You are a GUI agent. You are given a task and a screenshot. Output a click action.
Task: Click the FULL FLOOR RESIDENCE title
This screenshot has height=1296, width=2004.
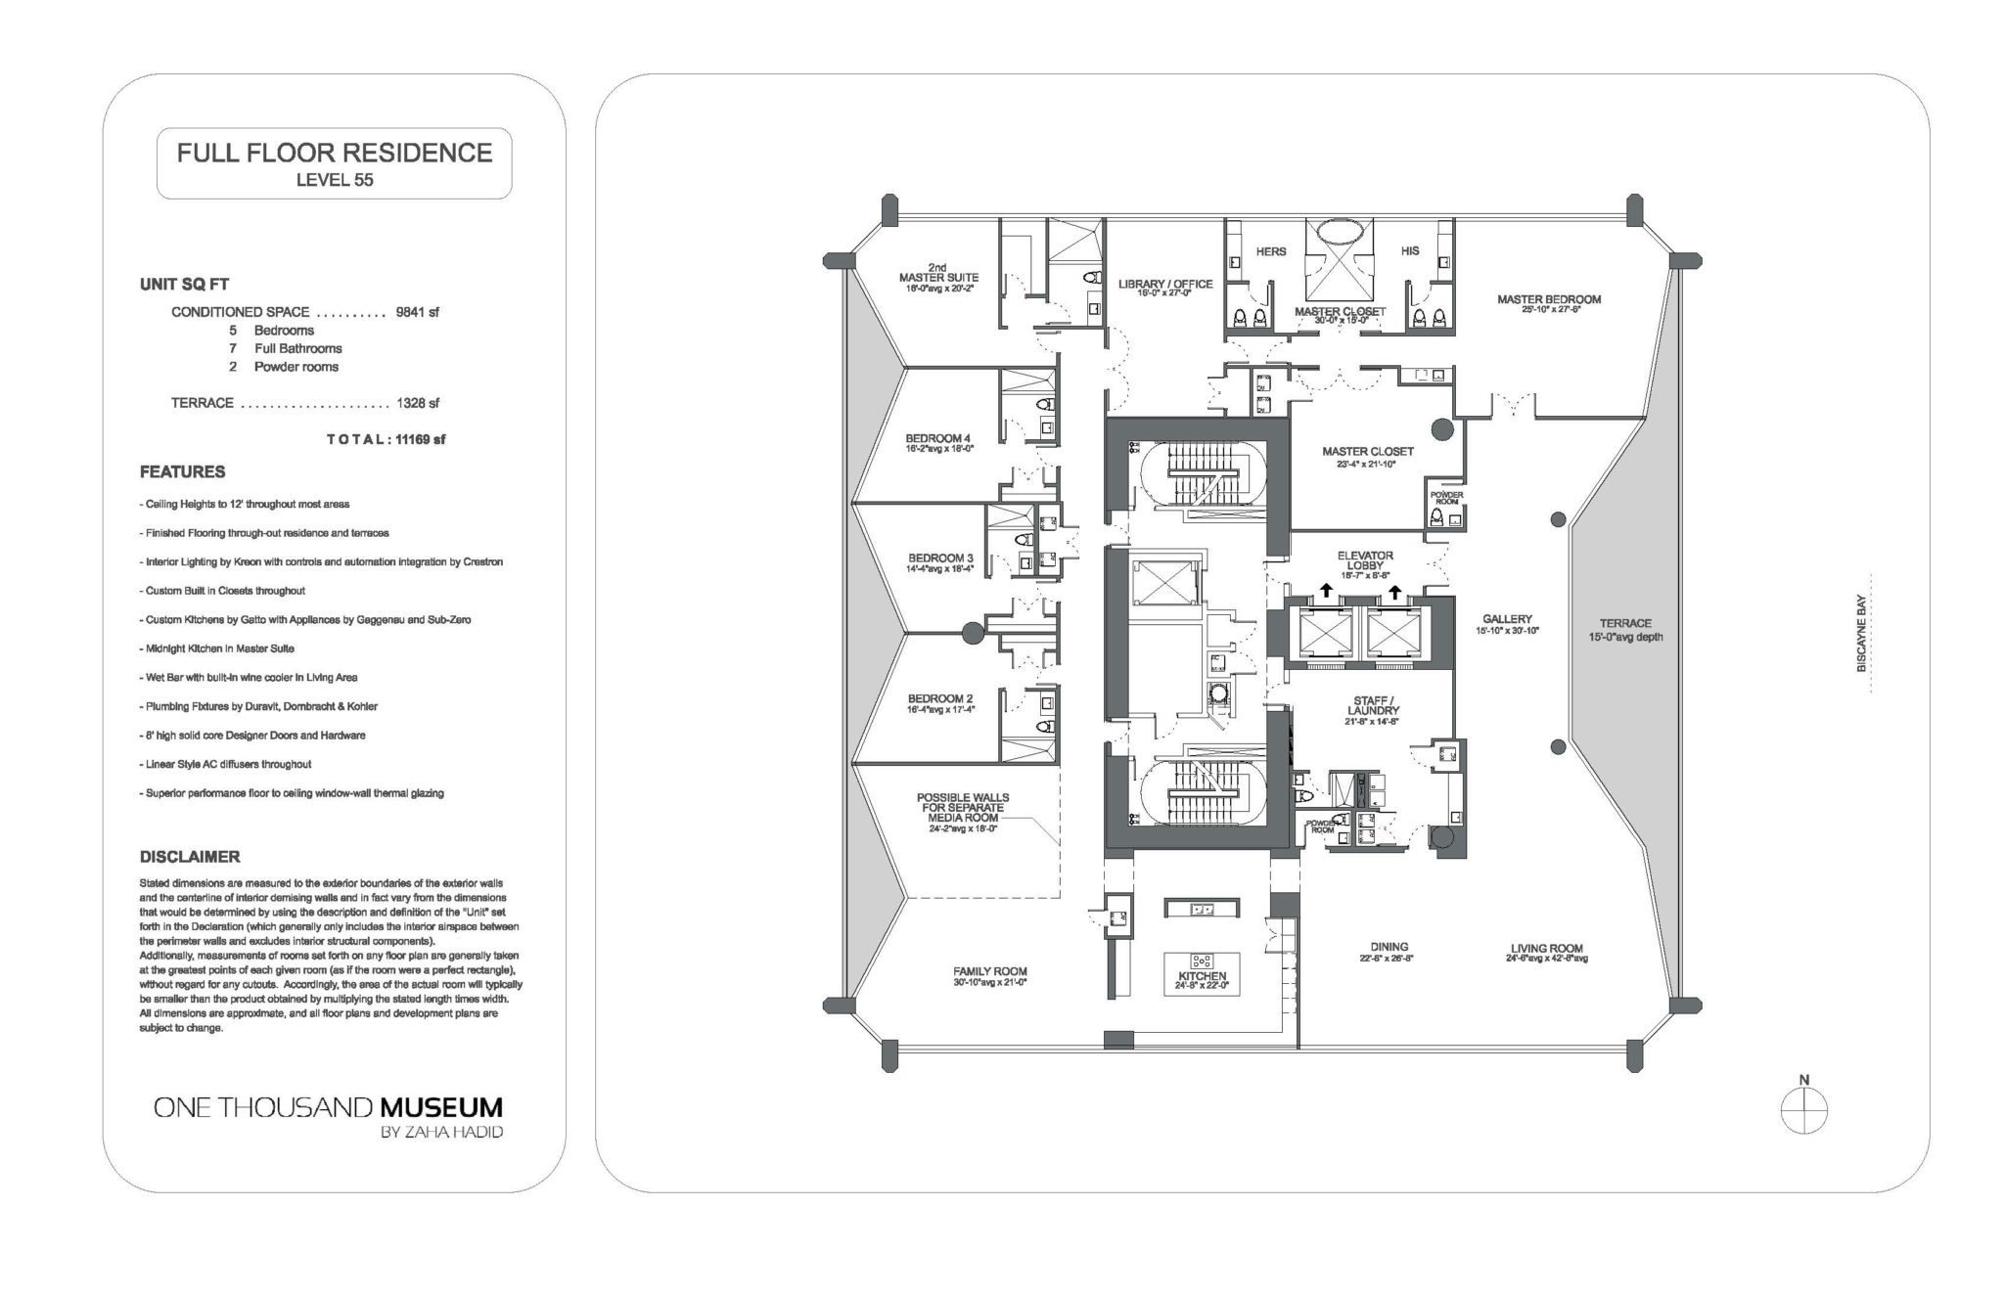click(334, 153)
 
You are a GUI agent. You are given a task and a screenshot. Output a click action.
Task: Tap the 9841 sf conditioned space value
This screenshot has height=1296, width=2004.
click(418, 312)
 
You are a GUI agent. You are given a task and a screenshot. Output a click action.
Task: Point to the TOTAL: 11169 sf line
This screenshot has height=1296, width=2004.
click(386, 439)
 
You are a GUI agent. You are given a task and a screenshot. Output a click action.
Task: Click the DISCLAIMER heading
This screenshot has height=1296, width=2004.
click(189, 857)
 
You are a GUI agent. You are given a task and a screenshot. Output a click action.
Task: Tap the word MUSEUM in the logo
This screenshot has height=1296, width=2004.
click(441, 1107)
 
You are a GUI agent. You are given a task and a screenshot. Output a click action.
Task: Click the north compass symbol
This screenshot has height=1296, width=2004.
click(1803, 1111)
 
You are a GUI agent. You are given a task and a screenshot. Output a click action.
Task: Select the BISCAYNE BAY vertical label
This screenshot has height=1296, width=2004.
click(1861, 635)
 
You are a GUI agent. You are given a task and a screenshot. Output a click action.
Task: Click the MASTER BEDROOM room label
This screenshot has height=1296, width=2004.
click(1549, 299)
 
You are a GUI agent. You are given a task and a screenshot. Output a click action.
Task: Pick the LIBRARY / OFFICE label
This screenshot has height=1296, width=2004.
click(1165, 285)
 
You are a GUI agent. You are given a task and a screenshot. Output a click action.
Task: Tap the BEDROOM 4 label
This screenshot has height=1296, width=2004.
click(938, 438)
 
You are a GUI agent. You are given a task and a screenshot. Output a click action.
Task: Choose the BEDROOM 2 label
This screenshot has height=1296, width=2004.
click(939, 698)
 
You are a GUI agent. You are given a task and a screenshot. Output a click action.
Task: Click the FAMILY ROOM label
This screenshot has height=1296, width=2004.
click(990, 971)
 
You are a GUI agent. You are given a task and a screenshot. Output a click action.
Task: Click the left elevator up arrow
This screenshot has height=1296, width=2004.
click(1325, 589)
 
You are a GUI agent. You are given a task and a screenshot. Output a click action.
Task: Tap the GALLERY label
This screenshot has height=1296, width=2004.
click(1507, 619)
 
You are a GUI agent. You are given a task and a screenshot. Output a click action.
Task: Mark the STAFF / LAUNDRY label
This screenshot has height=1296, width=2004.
click(1372, 704)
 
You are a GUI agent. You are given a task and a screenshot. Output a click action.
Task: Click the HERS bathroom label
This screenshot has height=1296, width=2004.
click(1270, 251)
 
